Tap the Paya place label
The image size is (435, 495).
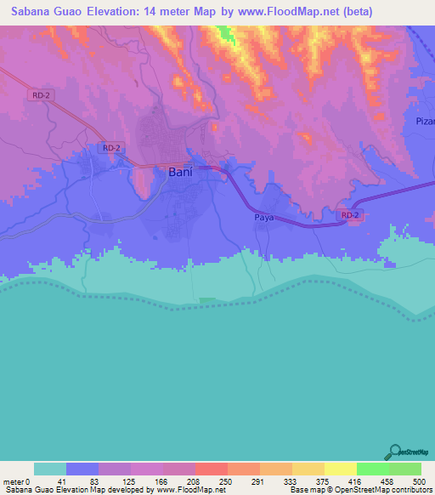[263, 219]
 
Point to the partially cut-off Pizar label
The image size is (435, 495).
[425, 122]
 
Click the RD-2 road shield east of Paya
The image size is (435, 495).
[350, 216]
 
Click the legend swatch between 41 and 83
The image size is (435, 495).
[82, 469]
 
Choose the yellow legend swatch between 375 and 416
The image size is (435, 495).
[341, 469]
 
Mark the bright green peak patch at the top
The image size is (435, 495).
[226, 35]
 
